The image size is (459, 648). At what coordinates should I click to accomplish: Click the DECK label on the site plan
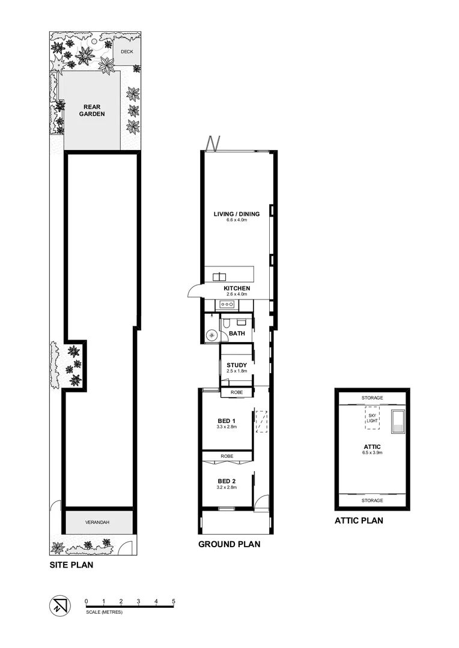point(126,52)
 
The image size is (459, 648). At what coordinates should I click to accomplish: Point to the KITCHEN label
point(237,288)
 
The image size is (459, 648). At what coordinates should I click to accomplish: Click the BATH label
point(237,333)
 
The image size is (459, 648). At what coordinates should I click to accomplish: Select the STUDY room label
point(237,365)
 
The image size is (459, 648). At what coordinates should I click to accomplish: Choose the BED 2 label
point(226,481)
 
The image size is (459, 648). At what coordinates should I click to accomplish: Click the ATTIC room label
point(372,446)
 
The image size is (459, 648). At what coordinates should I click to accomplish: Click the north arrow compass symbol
point(58,605)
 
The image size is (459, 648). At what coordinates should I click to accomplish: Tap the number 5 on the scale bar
point(174,601)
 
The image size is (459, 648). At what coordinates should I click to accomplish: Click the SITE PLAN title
point(71,565)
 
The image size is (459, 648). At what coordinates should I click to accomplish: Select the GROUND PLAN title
point(229,545)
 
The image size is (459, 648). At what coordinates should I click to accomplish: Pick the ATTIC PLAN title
point(359,521)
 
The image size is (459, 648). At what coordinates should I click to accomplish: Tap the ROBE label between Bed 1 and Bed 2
point(226,457)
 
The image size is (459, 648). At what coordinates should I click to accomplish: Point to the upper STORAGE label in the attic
point(372,398)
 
